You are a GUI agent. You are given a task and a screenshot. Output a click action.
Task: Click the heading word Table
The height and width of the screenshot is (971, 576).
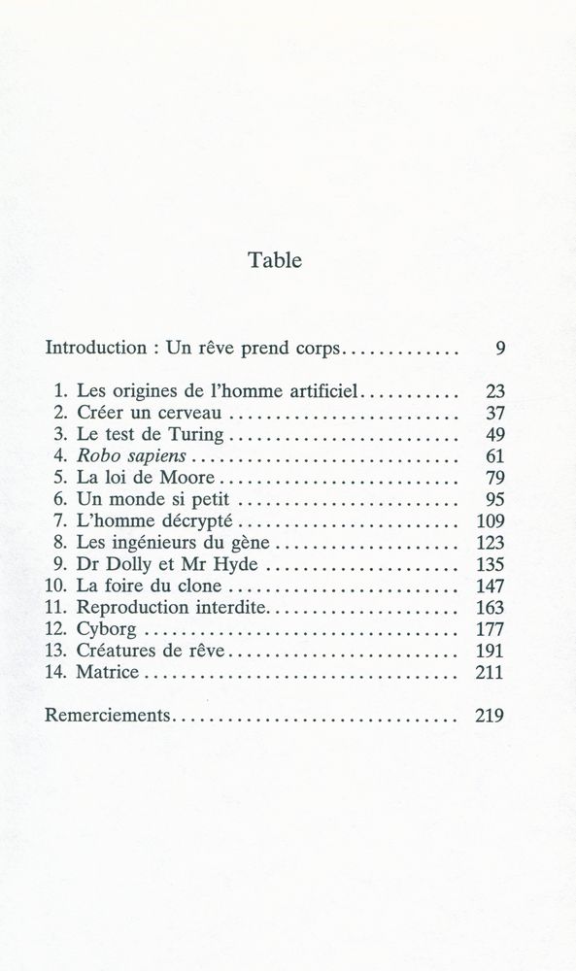click(275, 260)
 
